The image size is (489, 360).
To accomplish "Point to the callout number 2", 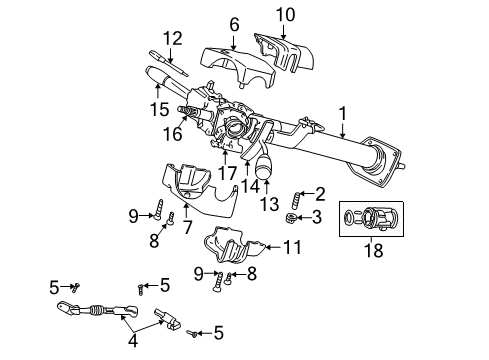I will [321, 194].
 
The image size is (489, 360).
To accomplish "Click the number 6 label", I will [234, 23].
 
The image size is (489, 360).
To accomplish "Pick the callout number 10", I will [286, 14].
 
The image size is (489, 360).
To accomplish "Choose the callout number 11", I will [290, 246].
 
